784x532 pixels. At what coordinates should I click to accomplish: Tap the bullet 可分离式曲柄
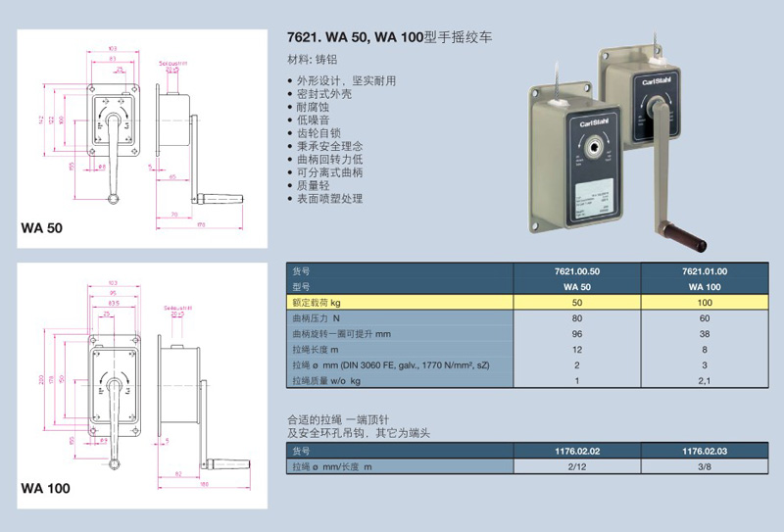[329, 171]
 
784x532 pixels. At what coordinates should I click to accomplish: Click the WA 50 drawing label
[41, 228]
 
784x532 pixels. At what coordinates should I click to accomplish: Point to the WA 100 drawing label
[44, 487]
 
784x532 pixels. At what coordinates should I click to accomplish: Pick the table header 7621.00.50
[582, 271]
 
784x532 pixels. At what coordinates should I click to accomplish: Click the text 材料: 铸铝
[311, 60]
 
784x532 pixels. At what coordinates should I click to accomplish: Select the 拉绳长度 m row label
[316, 350]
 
